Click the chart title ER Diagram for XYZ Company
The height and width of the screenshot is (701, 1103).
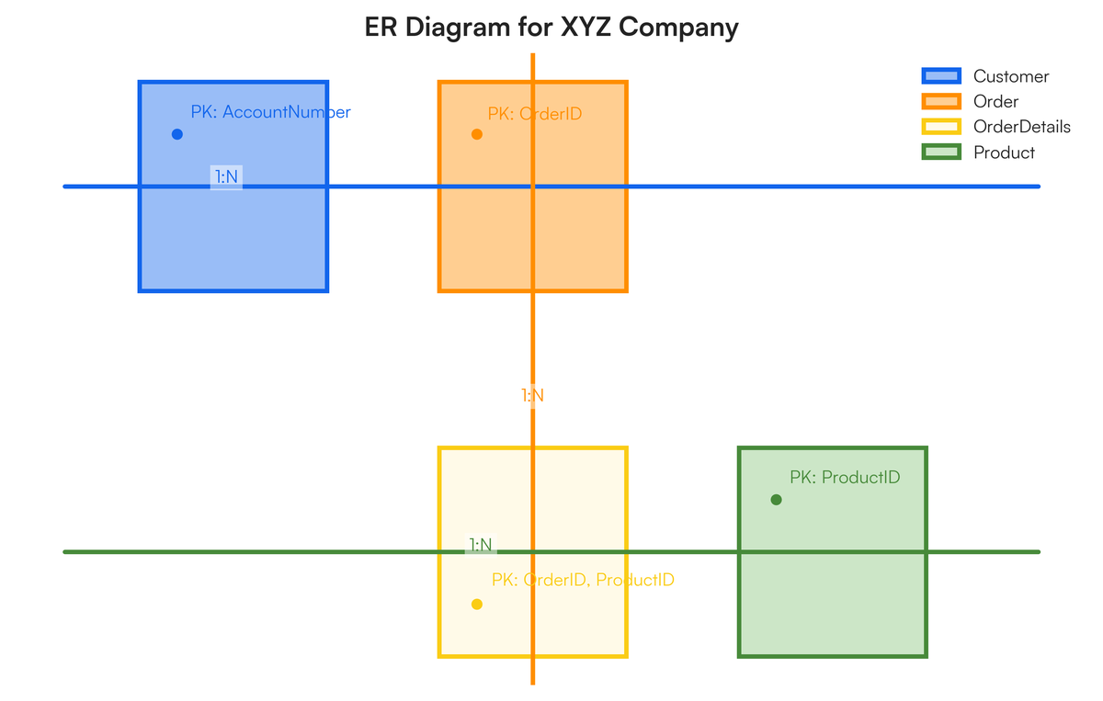(551, 27)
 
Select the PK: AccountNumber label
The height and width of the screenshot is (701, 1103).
(270, 112)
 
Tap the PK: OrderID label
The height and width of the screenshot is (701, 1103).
(534, 114)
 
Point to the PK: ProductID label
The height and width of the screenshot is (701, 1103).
(844, 478)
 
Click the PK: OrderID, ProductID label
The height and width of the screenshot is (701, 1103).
(583, 580)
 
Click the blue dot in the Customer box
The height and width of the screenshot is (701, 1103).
(177, 134)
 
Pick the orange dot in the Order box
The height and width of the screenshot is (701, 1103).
(476, 134)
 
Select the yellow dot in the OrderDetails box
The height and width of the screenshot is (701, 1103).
(476, 605)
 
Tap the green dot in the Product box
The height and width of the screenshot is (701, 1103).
(776, 500)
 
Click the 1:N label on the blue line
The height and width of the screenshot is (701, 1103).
(226, 176)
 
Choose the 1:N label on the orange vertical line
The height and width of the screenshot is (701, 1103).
(532, 396)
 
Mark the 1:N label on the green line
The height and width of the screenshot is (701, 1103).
(481, 545)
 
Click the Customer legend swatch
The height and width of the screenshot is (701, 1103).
(940, 76)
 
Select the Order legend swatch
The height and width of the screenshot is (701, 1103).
(940, 101)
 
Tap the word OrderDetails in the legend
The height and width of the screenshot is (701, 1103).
(1021, 127)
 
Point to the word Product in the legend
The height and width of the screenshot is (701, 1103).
(1004, 153)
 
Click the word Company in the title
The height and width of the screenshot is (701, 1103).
(678, 27)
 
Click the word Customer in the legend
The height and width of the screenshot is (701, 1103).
(1011, 76)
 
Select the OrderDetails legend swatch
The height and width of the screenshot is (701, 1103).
(940, 127)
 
